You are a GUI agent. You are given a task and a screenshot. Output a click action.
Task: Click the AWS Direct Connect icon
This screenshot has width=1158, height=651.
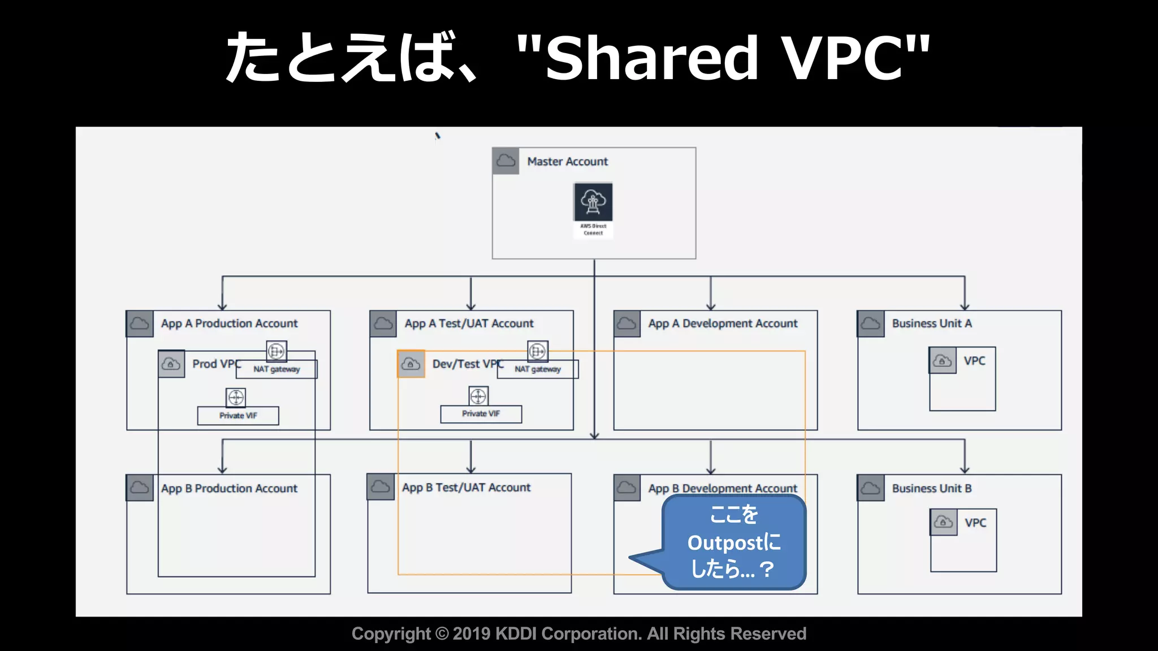593,202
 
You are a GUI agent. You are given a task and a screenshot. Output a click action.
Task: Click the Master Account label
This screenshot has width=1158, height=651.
567,162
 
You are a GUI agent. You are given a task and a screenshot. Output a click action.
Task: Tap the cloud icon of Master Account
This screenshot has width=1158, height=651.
505,161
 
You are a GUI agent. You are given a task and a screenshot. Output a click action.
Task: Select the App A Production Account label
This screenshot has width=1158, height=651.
229,324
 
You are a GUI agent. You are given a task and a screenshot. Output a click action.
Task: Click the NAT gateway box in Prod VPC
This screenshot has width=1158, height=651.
276,369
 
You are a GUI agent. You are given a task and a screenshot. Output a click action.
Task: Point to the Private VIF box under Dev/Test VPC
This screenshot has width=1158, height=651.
481,414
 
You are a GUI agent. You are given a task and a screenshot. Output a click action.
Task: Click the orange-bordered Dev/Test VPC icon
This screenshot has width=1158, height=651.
411,364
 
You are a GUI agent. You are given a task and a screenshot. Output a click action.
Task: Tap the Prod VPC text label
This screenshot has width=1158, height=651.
215,364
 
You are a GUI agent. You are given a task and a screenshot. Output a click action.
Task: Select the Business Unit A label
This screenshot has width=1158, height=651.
931,324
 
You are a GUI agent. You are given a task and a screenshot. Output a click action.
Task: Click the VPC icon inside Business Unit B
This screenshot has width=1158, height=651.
943,522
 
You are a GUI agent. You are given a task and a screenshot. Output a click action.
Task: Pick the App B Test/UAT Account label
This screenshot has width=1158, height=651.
466,488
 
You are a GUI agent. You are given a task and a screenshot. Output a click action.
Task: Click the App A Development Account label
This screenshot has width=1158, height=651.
723,324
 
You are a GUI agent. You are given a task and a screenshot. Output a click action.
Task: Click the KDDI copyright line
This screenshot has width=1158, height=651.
578,634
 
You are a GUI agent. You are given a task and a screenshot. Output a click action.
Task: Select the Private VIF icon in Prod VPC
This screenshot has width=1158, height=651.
236,397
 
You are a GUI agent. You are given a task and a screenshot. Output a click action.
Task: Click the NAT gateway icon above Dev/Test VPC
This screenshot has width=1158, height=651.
537,351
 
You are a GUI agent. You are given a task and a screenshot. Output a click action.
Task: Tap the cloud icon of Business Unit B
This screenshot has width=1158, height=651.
871,488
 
